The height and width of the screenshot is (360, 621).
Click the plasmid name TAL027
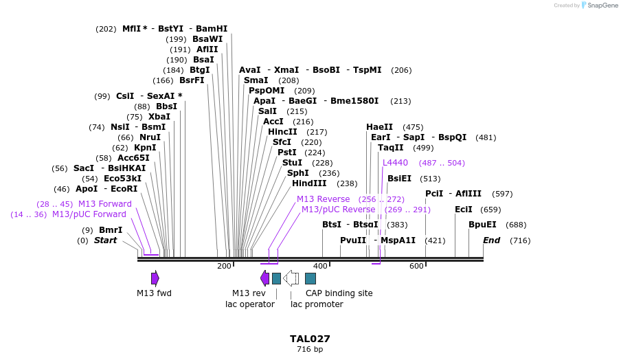pos(310,339)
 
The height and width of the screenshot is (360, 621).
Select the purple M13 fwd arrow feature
pos(155,278)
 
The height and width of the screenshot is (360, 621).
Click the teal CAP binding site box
pos(310,278)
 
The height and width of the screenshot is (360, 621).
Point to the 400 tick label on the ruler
pos(321,266)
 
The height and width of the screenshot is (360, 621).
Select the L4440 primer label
pos(395,163)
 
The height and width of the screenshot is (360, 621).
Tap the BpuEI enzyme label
pos(482,225)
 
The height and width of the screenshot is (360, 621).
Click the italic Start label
pos(105,240)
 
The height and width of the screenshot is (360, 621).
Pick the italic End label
pos(491,240)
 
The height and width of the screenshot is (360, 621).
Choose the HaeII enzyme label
pos(379,127)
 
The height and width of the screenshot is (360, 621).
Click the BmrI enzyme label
pos(111,230)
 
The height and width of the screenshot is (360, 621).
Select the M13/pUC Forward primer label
pos(89,214)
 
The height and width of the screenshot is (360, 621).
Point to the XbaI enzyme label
pos(159,117)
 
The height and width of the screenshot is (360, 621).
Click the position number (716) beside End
pos(520,240)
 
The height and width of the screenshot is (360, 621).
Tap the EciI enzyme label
pos(464,210)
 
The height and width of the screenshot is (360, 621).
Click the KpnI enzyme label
pos(145,148)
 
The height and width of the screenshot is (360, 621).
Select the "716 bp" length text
pos(310,350)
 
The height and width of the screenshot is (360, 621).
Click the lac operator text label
pos(250,304)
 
